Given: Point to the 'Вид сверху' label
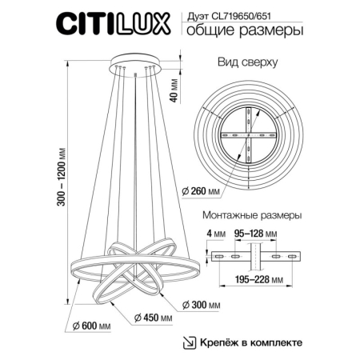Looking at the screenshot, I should point(247,61).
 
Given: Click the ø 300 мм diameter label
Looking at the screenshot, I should point(195,305).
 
